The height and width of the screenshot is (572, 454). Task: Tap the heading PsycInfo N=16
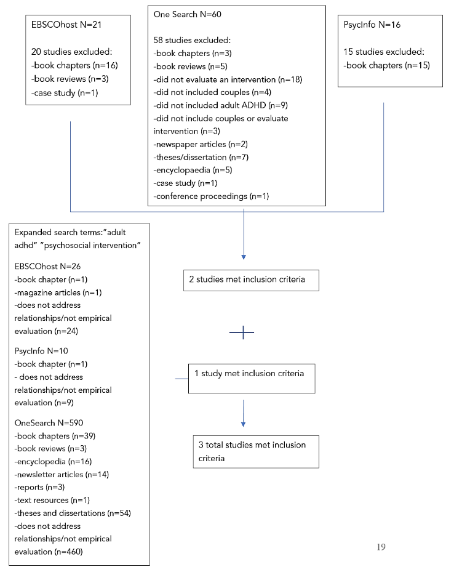pyautogui.click(x=373, y=26)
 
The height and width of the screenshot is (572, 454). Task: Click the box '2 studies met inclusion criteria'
pyautogui.click(x=251, y=280)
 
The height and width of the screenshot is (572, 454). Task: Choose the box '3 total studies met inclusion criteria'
pyautogui.click(x=255, y=451)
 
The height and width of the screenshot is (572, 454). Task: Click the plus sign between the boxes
pyautogui.click(x=242, y=332)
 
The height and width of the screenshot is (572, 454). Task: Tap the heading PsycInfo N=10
pyautogui.click(x=44, y=351)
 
